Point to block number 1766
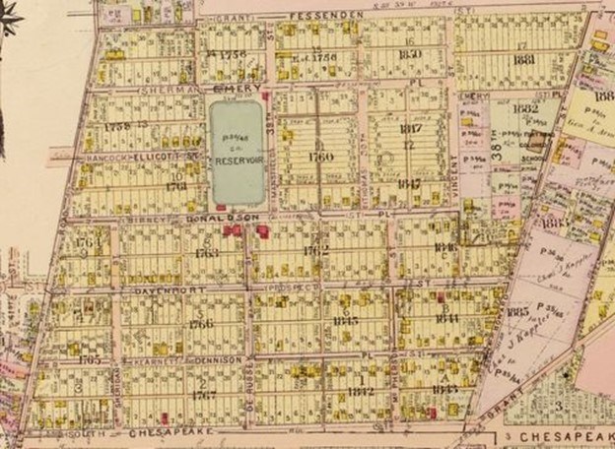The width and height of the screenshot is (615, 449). tap(201, 323)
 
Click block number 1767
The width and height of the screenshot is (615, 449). tap(203, 395)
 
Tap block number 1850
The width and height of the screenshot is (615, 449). tap(411, 55)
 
